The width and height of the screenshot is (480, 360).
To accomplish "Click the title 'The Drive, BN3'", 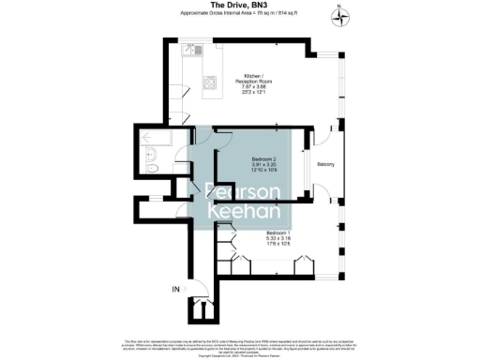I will pyautogui.click(x=239, y=5).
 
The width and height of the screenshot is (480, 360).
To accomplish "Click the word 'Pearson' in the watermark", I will pyautogui.click(x=243, y=192).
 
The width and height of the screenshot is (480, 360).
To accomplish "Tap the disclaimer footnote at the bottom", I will pyautogui.click(x=239, y=345).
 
